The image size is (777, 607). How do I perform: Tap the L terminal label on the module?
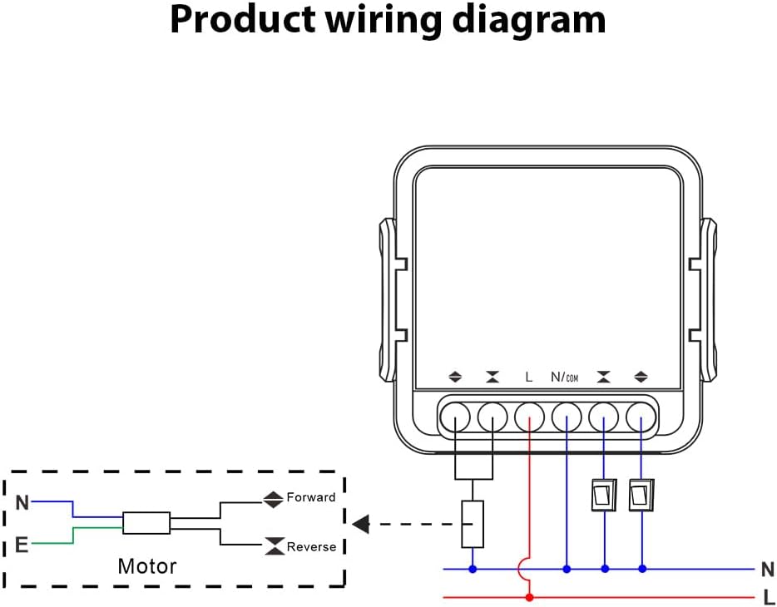[x=529, y=378]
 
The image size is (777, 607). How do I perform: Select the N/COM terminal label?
[x=565, y=378]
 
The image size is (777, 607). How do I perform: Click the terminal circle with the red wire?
[x=529, y=415]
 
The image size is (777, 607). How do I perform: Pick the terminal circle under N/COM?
[x=567, y=415]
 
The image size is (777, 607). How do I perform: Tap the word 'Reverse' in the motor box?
[x=311, y=546]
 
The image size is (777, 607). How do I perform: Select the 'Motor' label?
[x=147, y=567]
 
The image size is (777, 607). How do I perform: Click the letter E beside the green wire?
[x=22, y=546]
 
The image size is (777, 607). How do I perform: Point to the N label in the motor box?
[x=22, y=502]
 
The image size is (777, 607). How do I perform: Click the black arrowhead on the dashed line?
[x=360, y=524]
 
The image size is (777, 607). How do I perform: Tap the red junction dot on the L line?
[x=529, y=597]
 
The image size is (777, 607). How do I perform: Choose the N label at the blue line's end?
[x=768, y=570]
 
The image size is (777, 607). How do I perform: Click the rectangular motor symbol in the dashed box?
[x=146, y=523]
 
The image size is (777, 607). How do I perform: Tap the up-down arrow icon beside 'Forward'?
[x=273, y=499]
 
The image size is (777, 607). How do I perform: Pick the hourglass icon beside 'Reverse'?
[x=273, y=546]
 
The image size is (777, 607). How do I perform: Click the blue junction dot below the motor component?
[x=473, y=570]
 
